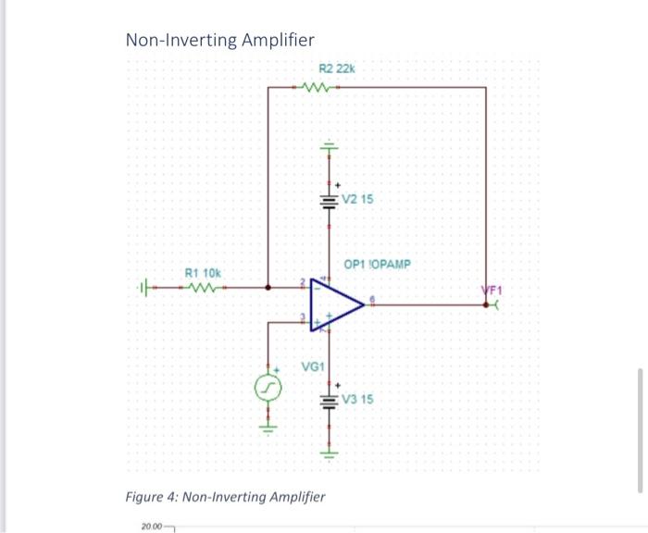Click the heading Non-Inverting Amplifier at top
[219, 40]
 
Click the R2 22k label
[336, 68]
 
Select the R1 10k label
[204, 273]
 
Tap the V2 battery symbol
[327, 200]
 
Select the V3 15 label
[357, 400]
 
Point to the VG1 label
[314, 366]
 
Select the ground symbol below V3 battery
[327, 453]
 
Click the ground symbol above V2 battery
[327, 147]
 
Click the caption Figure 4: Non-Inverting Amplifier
[225, 497]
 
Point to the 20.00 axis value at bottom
[151, 527]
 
